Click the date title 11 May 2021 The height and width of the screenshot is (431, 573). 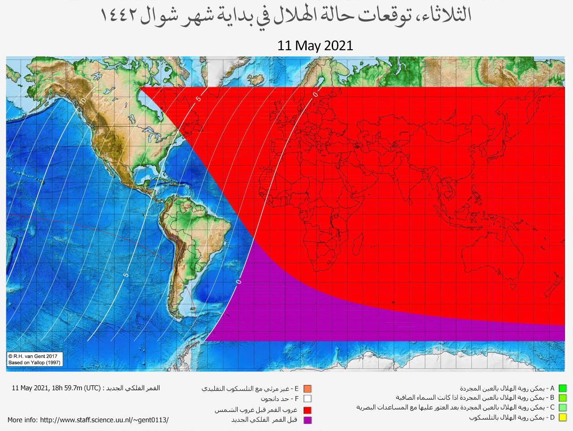pyautogui.click(x=315, y=46)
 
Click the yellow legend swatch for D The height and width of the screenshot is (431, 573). pyautogui.click(x=562, y=418)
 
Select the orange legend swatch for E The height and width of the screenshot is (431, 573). pyautogui.click(x=307, y=389)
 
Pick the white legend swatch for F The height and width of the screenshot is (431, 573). pyautogui.click(x=307, y=399)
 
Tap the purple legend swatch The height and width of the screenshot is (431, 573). pyautogui.click(x=307, y=420)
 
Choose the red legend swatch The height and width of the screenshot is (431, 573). pyautogui.click(x=307, y=410)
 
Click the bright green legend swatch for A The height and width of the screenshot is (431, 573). pyautogui.click(x=562, y=388)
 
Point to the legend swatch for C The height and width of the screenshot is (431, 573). pyautogui.click(x=562, y=408)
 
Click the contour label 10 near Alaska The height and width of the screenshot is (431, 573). pyautogui.click(x=82, y=99)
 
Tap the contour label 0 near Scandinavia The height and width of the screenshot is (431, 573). pyautogui.click(x=316, y=94)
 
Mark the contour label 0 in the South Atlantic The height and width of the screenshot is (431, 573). pyautogui.click(x=239, y=282)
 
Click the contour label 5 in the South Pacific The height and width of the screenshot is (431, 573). pyautogui.click(x=126, y=275)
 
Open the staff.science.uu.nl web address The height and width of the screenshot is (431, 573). pyautogui.click(x=104, y=420)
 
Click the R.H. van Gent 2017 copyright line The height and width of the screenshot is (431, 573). pyautogui.click(x=33, y=356)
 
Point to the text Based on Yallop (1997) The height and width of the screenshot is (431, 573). pyautogui.click(x=34, y=363)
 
